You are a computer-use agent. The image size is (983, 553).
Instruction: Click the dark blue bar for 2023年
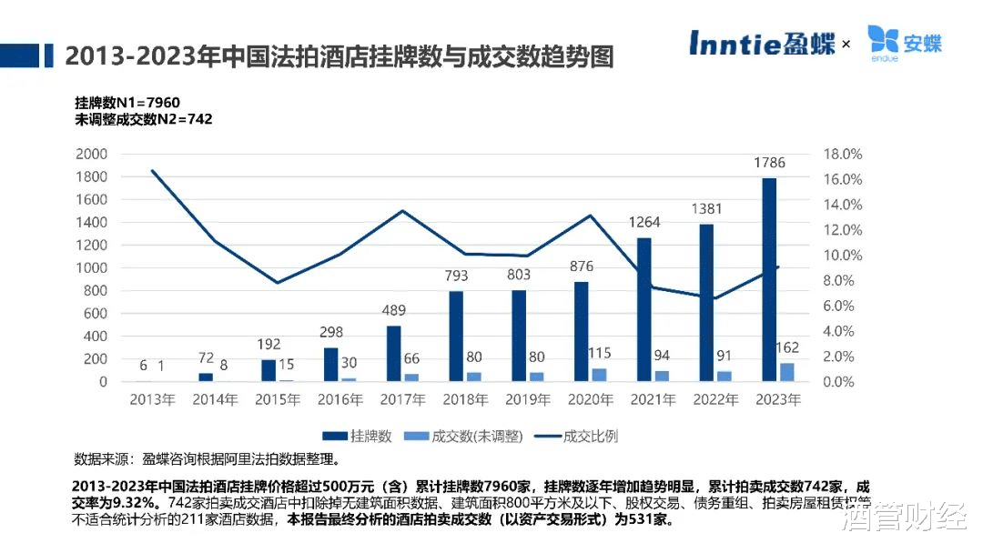point(769,279)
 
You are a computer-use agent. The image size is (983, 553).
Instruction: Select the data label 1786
point(769,164)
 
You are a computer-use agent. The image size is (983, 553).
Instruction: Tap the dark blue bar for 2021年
point(644,309)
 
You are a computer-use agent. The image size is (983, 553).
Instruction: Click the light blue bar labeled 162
point(786,372)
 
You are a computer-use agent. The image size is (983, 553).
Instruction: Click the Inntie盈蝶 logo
point(762,42)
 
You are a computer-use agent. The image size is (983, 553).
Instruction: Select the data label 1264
point(644,223)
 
